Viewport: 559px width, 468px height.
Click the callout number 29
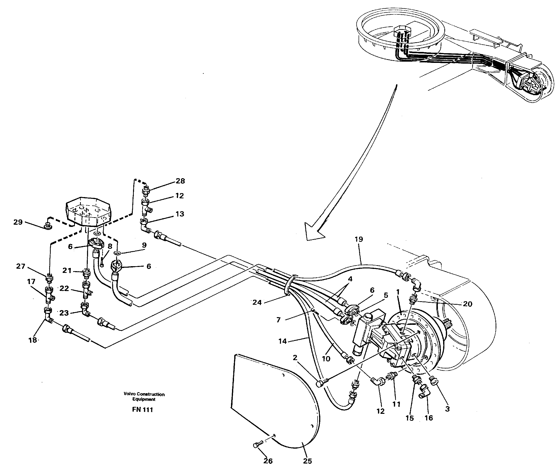coord(18,222)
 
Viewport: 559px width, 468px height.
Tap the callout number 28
coord(180,181)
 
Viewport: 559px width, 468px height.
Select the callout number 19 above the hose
coord(359,239)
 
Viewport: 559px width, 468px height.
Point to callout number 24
coord(257,302)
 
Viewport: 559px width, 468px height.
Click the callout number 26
coord(268,461)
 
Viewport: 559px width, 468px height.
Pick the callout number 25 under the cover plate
coord(307,461)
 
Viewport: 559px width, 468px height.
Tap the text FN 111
coord(143,410)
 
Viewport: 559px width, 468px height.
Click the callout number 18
coord(33,340)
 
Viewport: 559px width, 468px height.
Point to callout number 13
coord(180,214)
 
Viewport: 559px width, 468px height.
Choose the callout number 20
coord(467,304)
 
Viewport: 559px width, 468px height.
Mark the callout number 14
coord(282,341)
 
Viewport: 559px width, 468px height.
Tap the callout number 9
coord(144,245)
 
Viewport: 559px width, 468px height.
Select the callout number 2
coord(295,358)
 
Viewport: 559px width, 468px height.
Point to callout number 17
coord(31,282)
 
